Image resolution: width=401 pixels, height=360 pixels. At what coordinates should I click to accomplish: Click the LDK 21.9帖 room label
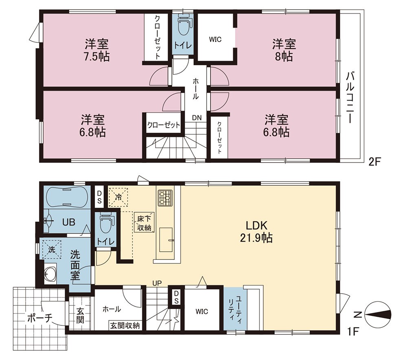point(256,232)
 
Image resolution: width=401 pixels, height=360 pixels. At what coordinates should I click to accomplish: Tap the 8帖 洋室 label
point(284,50)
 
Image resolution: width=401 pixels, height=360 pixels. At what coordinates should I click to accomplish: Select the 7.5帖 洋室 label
point(97,50)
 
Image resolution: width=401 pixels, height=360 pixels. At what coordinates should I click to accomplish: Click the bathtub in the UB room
point(67,197)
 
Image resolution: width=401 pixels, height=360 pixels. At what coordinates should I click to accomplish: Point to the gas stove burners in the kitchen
point(165,198)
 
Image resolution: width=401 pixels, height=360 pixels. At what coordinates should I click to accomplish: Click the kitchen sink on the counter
point(166,239)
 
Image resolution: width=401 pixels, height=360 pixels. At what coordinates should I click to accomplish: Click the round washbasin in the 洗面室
point(50,275)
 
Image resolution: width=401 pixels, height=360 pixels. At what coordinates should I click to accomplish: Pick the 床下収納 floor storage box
point(145,222)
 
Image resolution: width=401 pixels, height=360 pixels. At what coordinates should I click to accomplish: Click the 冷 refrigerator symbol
point(118,197)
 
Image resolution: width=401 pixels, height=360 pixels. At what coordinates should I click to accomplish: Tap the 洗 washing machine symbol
point(52,249)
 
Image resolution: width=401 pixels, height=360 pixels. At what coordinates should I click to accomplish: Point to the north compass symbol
point(377,315)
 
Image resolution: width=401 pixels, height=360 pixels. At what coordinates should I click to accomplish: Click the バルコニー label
point(350,98)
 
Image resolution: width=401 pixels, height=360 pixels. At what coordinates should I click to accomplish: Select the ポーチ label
point(40,318)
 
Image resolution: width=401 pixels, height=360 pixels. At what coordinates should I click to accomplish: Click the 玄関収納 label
point(125,326)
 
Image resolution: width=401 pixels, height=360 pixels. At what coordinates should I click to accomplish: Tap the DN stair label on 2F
point(197,118)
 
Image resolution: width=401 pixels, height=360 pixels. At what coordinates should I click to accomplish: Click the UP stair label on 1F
point(157,283)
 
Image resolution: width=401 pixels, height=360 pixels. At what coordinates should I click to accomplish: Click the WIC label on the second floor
point(215,40)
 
